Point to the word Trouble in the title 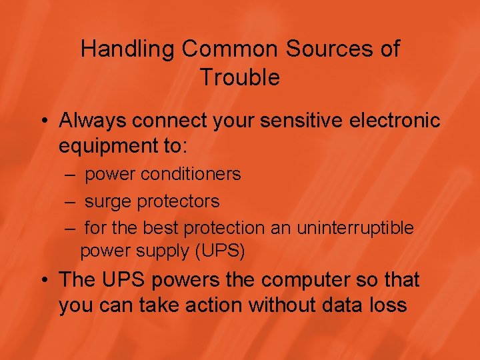(239, 77)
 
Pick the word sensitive (297, 121)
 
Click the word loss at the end (385, 305)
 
